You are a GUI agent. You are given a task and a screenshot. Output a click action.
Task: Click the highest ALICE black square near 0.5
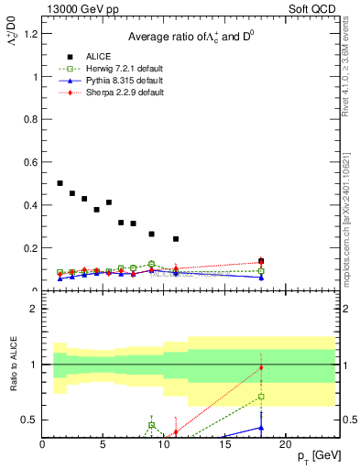coord(60,183)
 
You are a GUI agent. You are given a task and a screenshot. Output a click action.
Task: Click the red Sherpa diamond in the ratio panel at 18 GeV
coord(261,368)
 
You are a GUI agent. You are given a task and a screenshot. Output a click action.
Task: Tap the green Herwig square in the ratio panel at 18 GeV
coord(261,397)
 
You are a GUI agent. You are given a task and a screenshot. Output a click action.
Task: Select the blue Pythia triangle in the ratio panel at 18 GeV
coord(261,427)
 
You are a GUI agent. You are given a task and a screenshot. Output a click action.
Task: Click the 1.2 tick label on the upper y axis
coord(30,34)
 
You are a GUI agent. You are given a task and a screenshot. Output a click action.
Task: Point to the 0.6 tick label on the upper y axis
coord(30,162)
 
